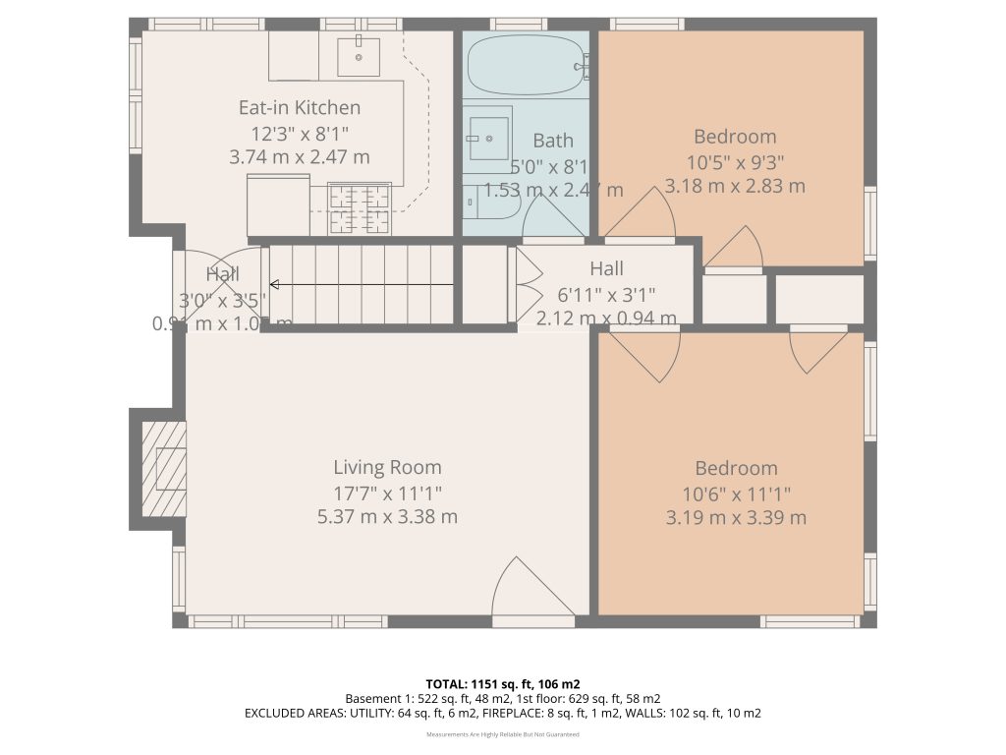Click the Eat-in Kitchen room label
(x=300, y=108)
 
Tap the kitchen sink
(x=359, y=57)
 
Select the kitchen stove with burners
(x=359, y=209)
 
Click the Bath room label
(x=553, y=141)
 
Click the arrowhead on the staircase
(x=275, y=285)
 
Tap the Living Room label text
(x=387, y=468)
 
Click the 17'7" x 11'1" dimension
(x=387, y=493)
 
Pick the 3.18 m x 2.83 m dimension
(x=735, y=186)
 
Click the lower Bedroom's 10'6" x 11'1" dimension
(x=736, y=494)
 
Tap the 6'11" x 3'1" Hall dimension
(x=606, y=293)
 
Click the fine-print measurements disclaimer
(x=502, y=734)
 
